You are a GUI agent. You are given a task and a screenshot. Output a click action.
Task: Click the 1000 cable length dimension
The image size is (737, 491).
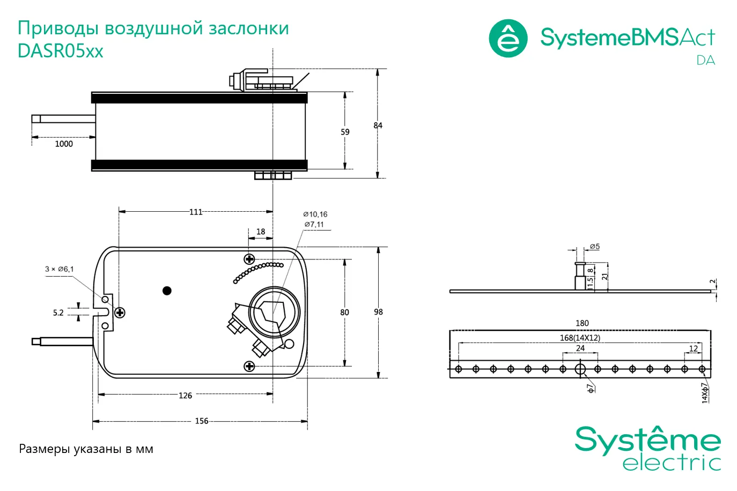point(64,144)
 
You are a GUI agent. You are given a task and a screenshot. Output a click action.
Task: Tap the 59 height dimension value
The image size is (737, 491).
point(345,132)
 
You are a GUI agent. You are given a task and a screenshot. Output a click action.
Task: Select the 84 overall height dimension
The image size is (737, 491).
point(378,125)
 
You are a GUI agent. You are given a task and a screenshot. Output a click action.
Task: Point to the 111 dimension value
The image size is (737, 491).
point(196,212)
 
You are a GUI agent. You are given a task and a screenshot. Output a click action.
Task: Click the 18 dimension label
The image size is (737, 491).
point(261,232)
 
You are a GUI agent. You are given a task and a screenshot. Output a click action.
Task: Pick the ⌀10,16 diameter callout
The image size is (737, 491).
point(315,214)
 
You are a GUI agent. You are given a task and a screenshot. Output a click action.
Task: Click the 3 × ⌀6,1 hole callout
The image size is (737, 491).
point(60,269)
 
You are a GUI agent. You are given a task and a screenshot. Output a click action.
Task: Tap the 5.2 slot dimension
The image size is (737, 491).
point(58,313)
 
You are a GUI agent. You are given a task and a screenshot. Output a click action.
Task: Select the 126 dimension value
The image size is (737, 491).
point(185,396)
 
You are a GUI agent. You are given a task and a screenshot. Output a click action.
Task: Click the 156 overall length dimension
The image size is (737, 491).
point(202,421)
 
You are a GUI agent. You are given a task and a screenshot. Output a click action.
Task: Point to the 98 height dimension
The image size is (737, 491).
point(379,312)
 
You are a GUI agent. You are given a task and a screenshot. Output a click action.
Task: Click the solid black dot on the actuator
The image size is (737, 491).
point(167,291)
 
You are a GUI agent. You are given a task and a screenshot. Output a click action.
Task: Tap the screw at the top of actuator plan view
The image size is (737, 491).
point(249,259)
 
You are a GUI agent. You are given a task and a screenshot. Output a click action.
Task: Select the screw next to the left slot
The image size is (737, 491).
point(120,313)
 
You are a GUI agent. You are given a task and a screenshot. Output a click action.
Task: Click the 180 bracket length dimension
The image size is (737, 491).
point(582,323)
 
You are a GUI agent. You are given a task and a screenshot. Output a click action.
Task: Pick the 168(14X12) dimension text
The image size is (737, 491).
point(580,338)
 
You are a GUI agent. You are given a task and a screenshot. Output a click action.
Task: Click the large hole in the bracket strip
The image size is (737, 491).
point(580,369)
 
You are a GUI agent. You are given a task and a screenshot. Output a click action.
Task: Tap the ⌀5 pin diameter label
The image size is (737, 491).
point(594,247)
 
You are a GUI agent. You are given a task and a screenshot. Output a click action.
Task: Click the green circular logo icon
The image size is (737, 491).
point(508,39)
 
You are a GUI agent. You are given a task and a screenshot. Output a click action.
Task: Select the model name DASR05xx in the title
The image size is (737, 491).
point(61,51)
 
